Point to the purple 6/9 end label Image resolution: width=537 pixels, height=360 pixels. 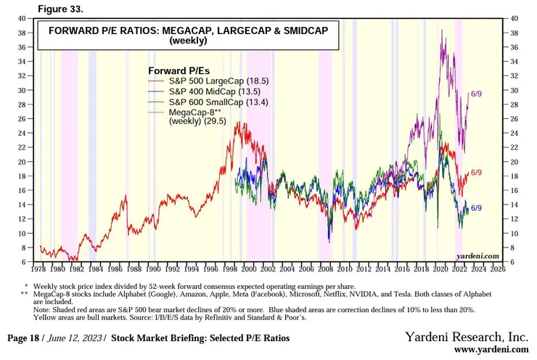pyautogui.click(x=477, y=94)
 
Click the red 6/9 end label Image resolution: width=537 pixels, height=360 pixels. pyautogui.click(x=477, y=173)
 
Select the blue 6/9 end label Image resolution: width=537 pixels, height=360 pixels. pyautogui.click(x=477, y=208)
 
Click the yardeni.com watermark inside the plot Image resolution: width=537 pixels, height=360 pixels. pyautogui.click(x=477, y=256)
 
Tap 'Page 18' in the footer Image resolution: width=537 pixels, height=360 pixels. pyautogui.click(x=27, y=338)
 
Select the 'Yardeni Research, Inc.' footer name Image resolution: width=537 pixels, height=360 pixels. pyautogui.click(x=467, y=337)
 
